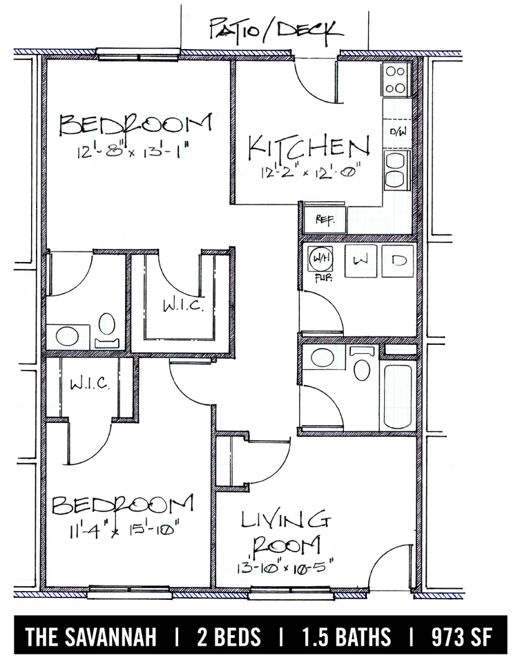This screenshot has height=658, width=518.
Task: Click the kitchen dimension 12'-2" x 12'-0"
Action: pos(311,173)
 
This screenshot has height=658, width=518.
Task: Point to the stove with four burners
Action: pos(395,79)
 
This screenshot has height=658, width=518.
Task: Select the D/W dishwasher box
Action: pos(397,133)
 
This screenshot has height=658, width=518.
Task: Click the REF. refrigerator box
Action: pos(325,220)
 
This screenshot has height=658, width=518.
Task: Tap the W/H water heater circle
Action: pos(320,259)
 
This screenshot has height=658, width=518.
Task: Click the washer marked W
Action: pos(361,261)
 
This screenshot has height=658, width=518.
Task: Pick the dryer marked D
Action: pos(397,261)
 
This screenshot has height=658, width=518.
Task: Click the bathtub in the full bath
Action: pos(398,397)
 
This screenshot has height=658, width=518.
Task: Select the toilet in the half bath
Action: pos(107,330)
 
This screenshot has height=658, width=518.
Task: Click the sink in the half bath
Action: pos(67,336)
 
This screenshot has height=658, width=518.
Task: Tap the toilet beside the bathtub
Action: pos(361,364)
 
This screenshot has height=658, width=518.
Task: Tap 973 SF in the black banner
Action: pos(461,637)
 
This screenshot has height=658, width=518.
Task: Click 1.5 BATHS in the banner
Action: pos(347,637)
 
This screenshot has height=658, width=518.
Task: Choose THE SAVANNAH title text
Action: pos(90,637)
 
